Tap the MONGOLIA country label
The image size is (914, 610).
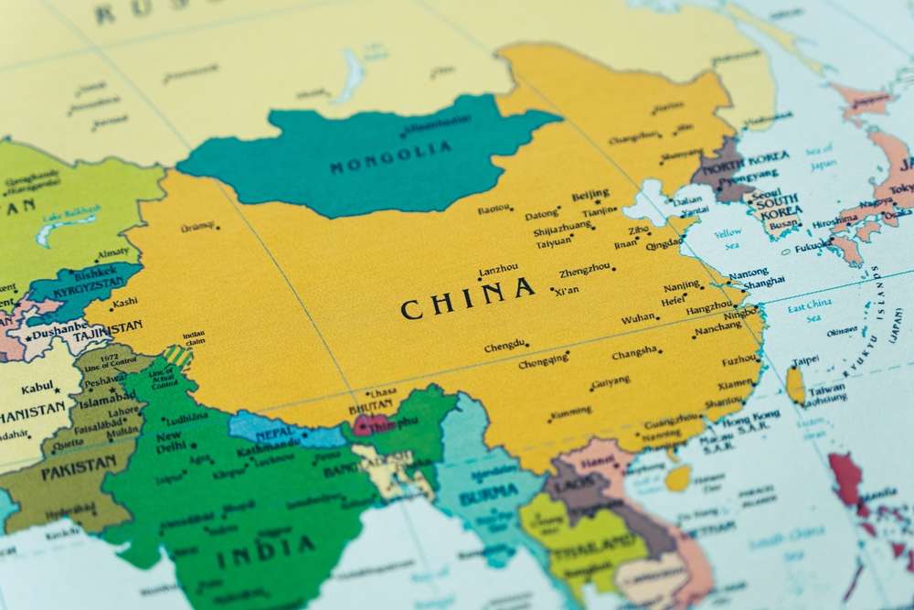(377, 160)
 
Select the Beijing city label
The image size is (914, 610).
(590, 195)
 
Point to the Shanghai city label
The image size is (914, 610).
(764, 284)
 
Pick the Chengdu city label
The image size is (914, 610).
(505, 346)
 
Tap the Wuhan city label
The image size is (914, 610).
(638, 319)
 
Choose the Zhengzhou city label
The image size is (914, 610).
(585, 272)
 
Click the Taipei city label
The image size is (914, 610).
(805, 360)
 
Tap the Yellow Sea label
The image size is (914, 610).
(728, 240)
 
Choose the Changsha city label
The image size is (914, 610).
(635, 353)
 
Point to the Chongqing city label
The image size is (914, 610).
(544, 362)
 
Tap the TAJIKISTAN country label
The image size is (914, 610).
(108, 326)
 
